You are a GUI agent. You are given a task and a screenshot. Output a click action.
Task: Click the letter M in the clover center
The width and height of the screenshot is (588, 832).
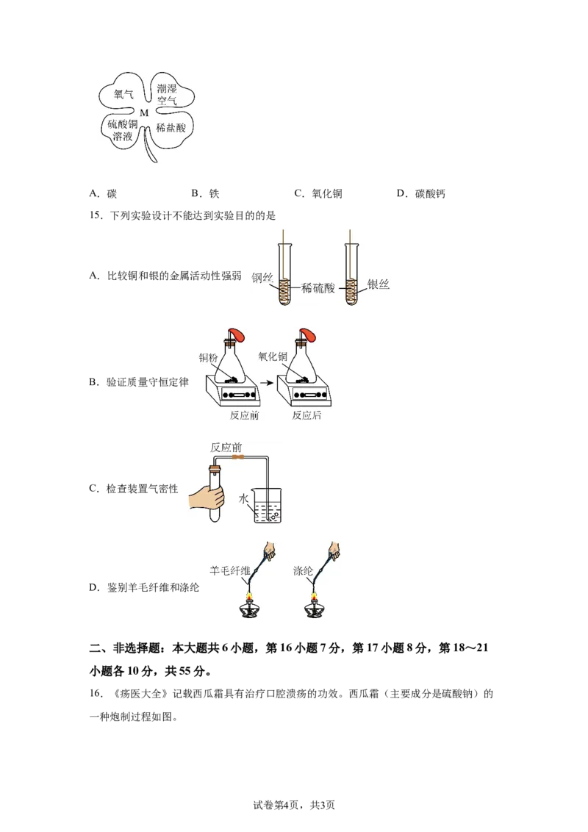click(144, 113)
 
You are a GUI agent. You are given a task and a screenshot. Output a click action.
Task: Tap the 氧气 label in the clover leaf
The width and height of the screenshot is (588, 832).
click(123, 95)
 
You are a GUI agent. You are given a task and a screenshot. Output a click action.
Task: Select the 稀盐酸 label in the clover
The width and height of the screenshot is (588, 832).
click(171, 128)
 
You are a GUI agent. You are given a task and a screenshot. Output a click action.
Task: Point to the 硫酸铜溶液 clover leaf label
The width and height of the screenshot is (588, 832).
click(123, 130)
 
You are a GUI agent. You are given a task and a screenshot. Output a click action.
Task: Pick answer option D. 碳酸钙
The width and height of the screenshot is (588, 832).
click(421, 194)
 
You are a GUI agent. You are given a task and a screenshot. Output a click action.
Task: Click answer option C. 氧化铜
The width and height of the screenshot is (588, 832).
click(318, 194)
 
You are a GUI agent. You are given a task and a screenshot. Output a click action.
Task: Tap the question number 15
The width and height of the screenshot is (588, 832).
click(96, 215)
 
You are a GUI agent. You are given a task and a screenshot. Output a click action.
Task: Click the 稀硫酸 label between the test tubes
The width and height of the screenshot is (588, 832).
click(318, 288)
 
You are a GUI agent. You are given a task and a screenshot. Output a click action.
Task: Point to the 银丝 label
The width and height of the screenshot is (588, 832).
click(379, 284)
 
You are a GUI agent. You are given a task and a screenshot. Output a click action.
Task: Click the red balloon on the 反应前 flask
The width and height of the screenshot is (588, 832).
click(238, 335)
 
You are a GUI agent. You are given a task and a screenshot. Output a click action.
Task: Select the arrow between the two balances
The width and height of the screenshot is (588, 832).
click(267, 382)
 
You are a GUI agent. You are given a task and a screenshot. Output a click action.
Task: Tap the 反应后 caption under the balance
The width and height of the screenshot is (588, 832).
click(306, 415)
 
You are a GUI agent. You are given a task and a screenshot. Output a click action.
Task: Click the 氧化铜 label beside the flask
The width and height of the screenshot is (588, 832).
click(273, 356)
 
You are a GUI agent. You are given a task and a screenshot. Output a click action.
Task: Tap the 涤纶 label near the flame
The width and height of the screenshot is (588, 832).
click(303, 571)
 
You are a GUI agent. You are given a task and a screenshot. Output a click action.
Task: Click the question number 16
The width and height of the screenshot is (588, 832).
click(96, 694)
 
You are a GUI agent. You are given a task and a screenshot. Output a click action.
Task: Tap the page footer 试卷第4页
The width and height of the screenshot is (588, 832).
click(276, 805)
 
